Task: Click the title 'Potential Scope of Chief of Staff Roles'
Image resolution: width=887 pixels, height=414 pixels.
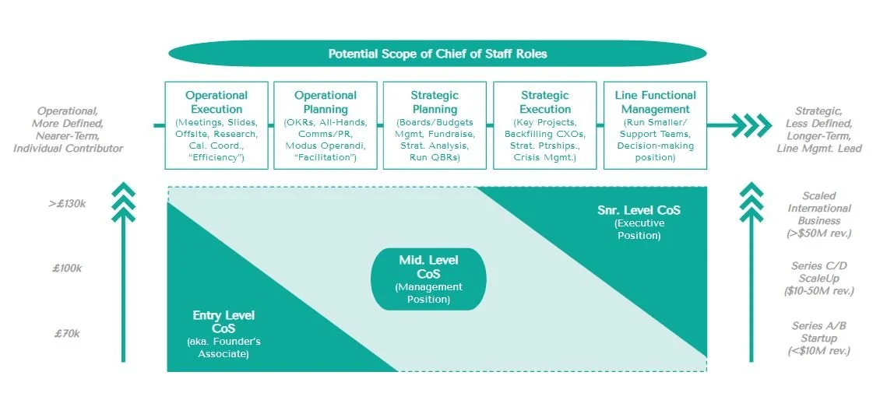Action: click(x=437, y=54)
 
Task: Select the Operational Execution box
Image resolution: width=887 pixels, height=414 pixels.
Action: click(x=216, y=125)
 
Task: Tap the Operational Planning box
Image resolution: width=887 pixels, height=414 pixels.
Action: click(x=325, y=125)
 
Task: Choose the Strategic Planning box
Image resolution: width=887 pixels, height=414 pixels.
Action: click(x=435, y=125)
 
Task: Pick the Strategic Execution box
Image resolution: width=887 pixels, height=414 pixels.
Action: click(x=545, y=125)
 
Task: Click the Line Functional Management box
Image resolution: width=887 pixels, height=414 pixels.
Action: click(x=655, y=125)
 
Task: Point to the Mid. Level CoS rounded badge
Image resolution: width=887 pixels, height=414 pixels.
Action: click(x=428, y=279)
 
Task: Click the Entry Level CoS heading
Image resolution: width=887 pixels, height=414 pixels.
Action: click(x=224, y=321)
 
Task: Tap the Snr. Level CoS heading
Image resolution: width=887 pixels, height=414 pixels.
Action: click(x=638, y=209)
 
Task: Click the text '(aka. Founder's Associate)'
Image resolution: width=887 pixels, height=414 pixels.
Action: click(x=224, y=347)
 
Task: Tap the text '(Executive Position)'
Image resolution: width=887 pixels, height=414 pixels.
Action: click(x=638, y=229)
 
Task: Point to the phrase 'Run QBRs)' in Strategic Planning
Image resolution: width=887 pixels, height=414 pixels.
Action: click(x=435, y=157)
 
